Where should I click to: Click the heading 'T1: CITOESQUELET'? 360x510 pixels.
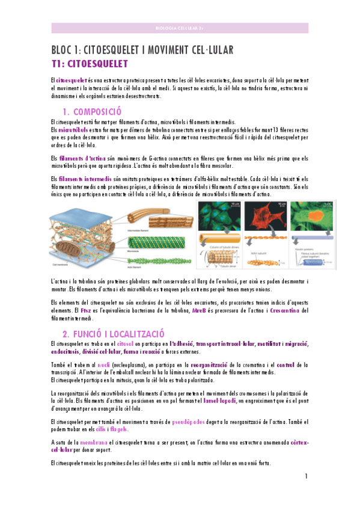(90, 64)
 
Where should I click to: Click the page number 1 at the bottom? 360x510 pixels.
(306, 477)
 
